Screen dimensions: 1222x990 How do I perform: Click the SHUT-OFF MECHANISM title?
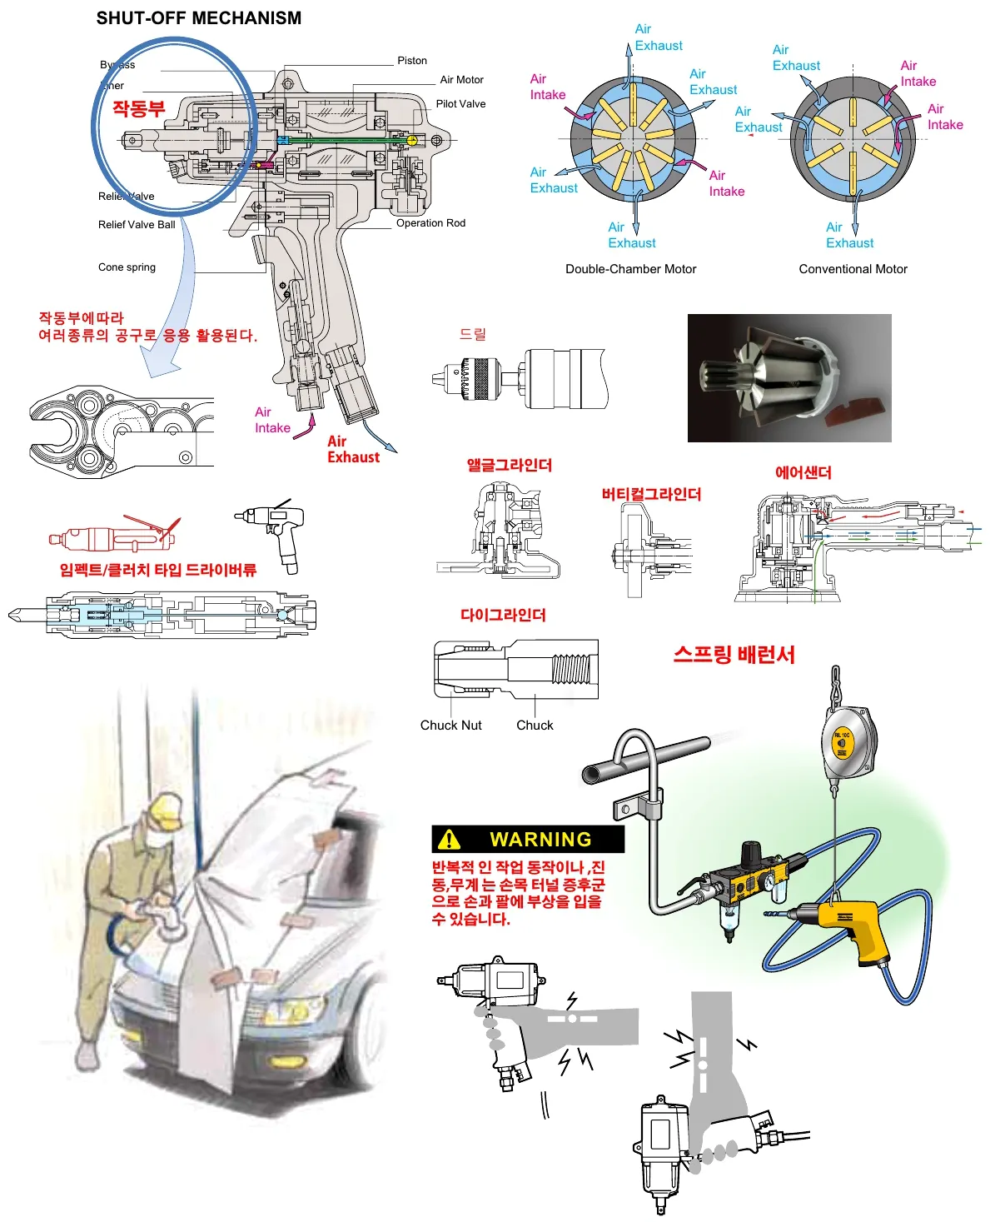[x=199, y=18]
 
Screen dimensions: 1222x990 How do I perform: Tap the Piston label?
[x=411, y=61]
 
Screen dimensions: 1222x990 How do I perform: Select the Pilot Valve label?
[x=460, y=104]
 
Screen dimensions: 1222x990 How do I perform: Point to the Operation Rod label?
[x=430, y=223]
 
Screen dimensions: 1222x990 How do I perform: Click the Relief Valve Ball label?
[x=137, y=225]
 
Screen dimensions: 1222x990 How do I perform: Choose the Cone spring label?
[x=127, y=267]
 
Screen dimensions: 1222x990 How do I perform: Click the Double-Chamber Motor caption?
[x=630, y=269]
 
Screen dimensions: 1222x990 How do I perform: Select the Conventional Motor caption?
[x=853, y=269]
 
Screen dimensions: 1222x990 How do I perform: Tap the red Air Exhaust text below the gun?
[x=353, y=449]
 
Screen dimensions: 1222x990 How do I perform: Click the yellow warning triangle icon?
[x=449, y=839]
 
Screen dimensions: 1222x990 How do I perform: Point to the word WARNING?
[x=540, y=840]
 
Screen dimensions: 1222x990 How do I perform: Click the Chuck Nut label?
[x=450, y=726]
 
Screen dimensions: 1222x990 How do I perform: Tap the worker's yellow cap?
[x=164, y=809]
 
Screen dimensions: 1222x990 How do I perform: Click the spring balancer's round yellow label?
[x=842, y=743]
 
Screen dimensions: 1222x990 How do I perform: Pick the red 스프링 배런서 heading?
[x=734, y=655]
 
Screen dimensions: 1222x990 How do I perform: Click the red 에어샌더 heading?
[x=803, y=473]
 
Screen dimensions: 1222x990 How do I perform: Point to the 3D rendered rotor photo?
[x=789, y=377]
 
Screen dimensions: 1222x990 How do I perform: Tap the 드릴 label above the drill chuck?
[x=472, y=334]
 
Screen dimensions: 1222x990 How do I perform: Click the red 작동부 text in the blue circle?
[x=139, y=109]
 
